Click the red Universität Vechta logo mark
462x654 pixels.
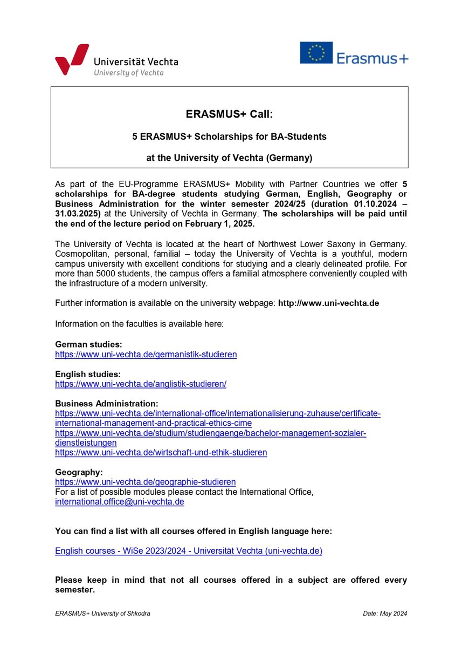71,59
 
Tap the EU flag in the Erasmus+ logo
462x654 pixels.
316,53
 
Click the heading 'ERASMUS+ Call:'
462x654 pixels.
229,114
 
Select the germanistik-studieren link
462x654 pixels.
146,355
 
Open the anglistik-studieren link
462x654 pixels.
141,384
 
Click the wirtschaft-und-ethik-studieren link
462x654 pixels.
161,452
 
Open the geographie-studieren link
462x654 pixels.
145,481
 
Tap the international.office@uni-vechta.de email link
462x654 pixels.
120,501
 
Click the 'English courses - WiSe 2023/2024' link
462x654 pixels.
189,551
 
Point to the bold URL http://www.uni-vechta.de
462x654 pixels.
328,303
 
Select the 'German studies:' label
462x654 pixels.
88,344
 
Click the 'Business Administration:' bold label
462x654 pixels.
107,403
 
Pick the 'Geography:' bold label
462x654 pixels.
79,472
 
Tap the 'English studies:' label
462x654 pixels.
88,374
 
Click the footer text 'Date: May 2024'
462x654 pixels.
385,614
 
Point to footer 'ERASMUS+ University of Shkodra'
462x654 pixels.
102,614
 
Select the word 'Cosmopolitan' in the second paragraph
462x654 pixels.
81,254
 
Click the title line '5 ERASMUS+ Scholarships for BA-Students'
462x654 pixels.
229,137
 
